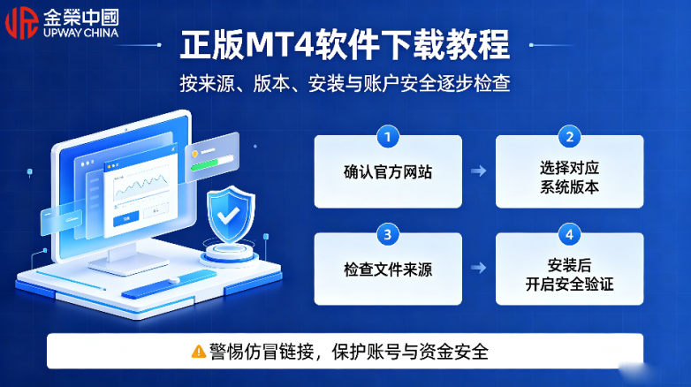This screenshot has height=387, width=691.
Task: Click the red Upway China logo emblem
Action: point(21,23)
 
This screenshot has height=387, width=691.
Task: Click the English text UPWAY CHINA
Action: point(80,33)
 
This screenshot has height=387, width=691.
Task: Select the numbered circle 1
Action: point(388,137)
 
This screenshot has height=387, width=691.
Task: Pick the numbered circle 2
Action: point(569,137)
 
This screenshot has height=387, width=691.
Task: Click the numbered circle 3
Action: point(388,234)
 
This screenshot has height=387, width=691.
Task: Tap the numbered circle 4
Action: point(569,234)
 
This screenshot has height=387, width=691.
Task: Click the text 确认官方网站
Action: point(388,172)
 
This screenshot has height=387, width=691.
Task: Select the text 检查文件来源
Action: point(388,269)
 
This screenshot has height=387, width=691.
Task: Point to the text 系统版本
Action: point(569,187)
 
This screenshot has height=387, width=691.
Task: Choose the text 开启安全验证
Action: point(569,285)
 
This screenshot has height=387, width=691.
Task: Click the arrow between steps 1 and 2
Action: point(479,171)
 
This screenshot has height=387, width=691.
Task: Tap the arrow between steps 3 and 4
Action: point(479,268)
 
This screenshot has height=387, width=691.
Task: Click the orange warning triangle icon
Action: point(199,352)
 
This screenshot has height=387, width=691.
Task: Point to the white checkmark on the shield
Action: point(228,216)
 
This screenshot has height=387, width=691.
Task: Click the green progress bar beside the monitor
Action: point(205,165)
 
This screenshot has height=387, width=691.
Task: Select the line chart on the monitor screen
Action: point(141,186)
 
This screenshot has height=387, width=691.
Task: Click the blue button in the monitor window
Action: point(126,218)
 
